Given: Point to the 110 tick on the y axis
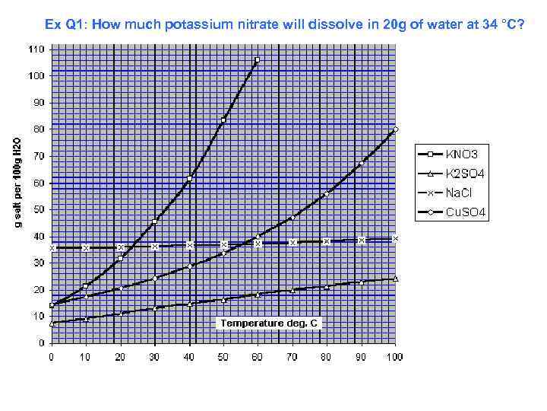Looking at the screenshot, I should pos(36,49).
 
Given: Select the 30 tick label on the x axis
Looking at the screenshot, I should pos(155,355).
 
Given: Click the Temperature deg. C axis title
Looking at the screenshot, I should pos(270,323).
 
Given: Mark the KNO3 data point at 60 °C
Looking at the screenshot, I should pos(257,59).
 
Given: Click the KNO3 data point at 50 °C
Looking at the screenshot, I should pos(223,119).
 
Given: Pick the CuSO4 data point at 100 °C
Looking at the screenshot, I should pos(395,129).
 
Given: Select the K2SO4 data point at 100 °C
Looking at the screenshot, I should pos(396,279).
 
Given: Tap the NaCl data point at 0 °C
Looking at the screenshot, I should pos(52,248).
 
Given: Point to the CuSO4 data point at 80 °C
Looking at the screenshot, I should pos(326,195).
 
